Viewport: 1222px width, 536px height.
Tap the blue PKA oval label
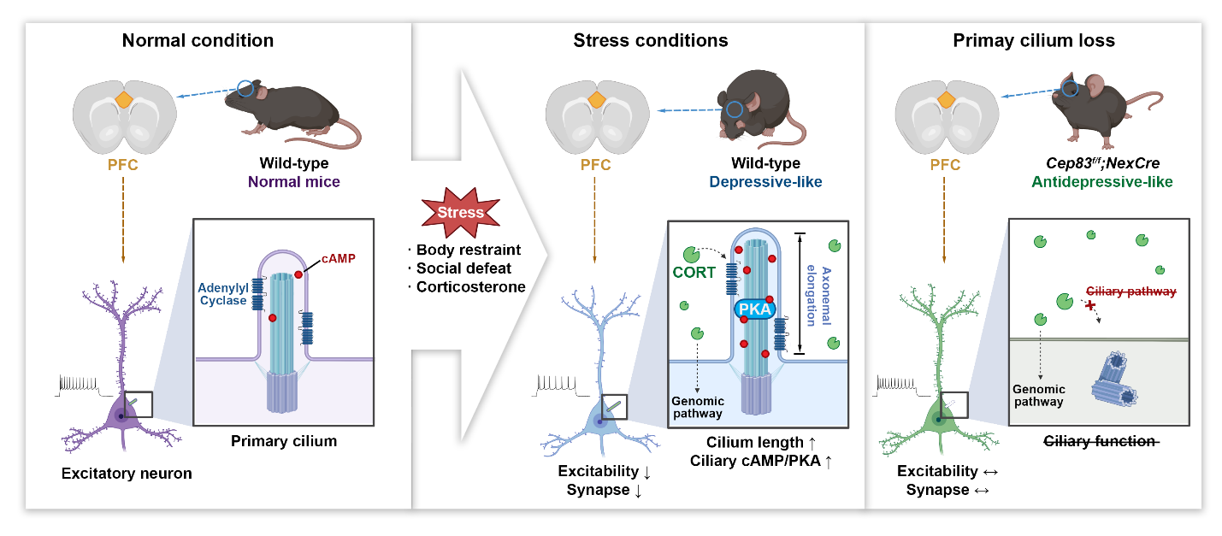pyautogui.click(x=753, y=309)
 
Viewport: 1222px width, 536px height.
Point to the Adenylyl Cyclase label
pyautogui.click(x=224, y=296)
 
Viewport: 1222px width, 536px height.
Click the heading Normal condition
pyautogui.click(x=198, y=40)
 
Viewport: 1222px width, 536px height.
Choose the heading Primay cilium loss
pyautogui.click(x=1034, y=40)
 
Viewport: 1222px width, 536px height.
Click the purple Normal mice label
pyautogui.click(x=296, y=181)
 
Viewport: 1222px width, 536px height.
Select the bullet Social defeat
pyautogui.click(x=463, y=268)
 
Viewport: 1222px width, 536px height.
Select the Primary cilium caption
pyautogui.click(x=283, y=441)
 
